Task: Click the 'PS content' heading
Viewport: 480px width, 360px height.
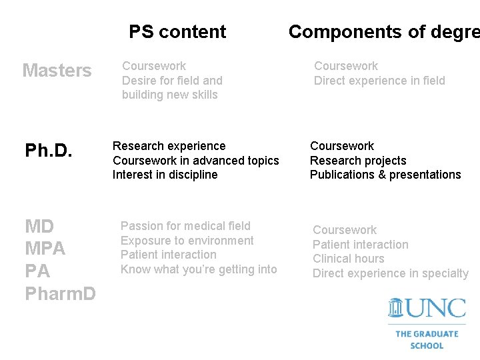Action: (177, 31)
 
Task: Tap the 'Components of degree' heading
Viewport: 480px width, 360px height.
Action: (383, 31)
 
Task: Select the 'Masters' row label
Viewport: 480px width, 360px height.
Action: (57, 71)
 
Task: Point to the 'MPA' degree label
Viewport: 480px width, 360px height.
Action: (45, 249)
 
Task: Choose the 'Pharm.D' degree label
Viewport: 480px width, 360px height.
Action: (60, 293)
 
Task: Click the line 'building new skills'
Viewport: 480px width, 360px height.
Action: (169, 95)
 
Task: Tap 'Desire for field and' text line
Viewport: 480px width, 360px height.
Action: (172, 80)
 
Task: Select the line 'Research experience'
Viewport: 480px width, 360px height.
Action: (169, 146)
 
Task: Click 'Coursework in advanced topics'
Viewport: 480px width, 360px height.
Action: (196, 161)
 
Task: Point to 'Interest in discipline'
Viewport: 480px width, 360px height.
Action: (165, 175)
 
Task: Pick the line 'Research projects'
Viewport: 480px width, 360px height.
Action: (358, 161)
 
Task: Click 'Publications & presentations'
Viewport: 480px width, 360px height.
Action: (385, 175)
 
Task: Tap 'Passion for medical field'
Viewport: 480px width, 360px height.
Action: (185, 226)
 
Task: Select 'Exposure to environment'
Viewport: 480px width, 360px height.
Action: (187, 241)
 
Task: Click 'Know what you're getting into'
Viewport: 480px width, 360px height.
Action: (198, 269)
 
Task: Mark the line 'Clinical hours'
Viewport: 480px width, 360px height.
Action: (349, 259)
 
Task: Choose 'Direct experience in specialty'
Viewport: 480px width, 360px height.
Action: (391, 273)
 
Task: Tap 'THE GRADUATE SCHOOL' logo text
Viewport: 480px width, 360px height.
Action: (427, 339)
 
